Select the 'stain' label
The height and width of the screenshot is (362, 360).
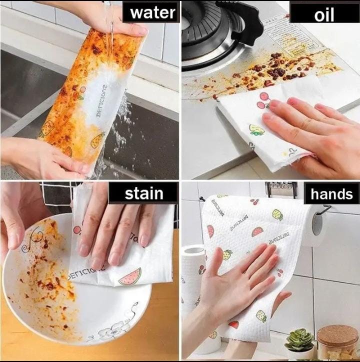coord(143,193)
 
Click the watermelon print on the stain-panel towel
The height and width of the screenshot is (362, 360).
coord(130,276)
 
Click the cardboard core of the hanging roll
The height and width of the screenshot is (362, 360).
coord(317,224)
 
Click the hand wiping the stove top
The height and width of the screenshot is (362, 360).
coord(310,132)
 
